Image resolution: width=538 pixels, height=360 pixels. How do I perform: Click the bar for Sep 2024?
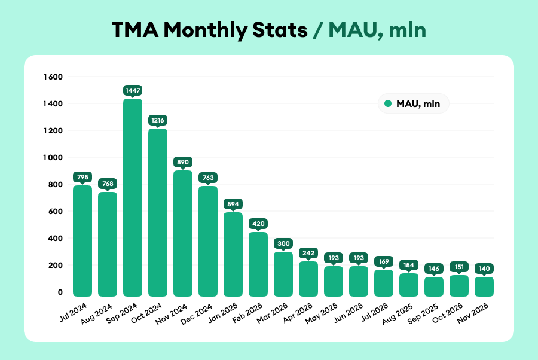tap(133, 197)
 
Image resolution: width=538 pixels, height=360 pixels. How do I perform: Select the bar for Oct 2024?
tap(158, 212)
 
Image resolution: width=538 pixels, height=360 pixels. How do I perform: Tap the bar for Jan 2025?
tap(233, 254)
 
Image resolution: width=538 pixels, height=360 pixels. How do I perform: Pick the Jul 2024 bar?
tap(82, 240)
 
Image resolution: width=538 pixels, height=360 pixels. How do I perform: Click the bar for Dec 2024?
tap(208, 241)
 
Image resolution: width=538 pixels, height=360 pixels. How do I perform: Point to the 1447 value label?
tap(133, 90)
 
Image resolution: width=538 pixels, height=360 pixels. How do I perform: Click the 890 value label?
tap(183, 162)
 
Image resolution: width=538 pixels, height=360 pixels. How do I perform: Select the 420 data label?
tap(258, 224)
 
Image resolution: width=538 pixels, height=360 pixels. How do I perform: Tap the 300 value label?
tap(283, 243)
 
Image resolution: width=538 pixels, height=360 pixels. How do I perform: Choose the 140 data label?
tap(484, 269)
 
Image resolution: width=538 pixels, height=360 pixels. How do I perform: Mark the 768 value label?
tap(108, 184)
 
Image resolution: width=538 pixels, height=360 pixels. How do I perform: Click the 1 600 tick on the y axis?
tap(53, 77)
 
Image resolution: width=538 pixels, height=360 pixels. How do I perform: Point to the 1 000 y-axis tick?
tap(53, 158)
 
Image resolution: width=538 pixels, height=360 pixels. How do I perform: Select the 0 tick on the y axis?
tap(60, 292)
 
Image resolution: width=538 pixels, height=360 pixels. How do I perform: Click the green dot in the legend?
tap(388, 104)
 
